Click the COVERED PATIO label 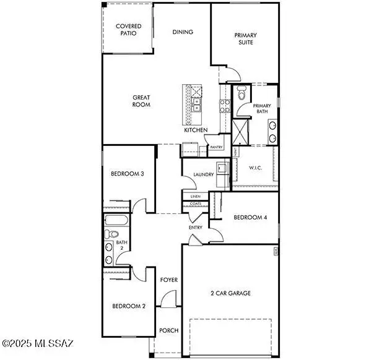point(129,29)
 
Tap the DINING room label point(183,32)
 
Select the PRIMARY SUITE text point(245,39)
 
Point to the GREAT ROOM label point(141,101)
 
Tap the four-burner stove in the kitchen point(225,107)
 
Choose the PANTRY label point(216,147)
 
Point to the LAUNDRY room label point(203,174)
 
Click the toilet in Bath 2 point(111,234)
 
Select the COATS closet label point(196,204)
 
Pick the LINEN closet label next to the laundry point(196,196)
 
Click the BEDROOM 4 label point(250,217)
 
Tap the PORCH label point(169,330)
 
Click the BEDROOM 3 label point(127,174)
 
